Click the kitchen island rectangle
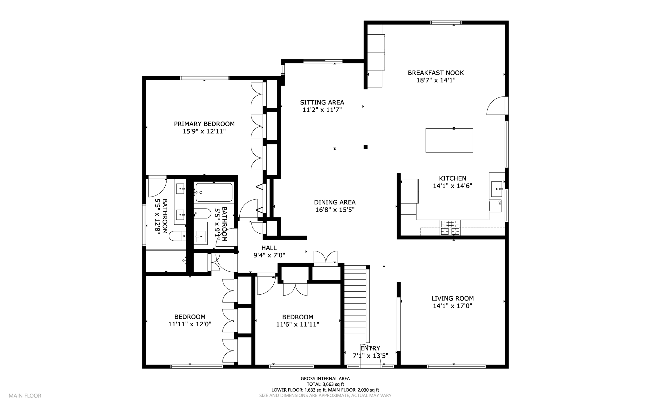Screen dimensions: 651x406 tap(449, 140)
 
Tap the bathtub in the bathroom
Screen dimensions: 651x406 tap(214, 192)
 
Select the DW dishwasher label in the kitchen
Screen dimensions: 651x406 tap(499, 203)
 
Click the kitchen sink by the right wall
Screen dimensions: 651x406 tap(497, 189)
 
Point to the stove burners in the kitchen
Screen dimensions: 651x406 tap(450, 228)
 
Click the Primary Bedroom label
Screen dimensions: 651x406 tap(204, 124)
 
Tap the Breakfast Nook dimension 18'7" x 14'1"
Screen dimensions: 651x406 tap(436, 80)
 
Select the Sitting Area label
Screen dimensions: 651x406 tap(322, 102)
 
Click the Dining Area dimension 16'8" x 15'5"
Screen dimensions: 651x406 tap(335, 210)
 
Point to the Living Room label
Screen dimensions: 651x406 tap(452, 298)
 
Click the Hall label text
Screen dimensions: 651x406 tap(269, 248)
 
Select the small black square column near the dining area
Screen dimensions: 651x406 tap(366, 147)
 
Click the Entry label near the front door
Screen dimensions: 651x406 tap(370, 348)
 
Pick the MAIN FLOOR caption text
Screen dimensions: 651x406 tap(25, 396)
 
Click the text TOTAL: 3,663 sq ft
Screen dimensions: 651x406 tap(325, 384)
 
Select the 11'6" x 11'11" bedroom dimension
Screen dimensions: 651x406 tap(298, 324)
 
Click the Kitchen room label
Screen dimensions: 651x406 tap(452, 178)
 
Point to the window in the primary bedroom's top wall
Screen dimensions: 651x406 tap(205, 78)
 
